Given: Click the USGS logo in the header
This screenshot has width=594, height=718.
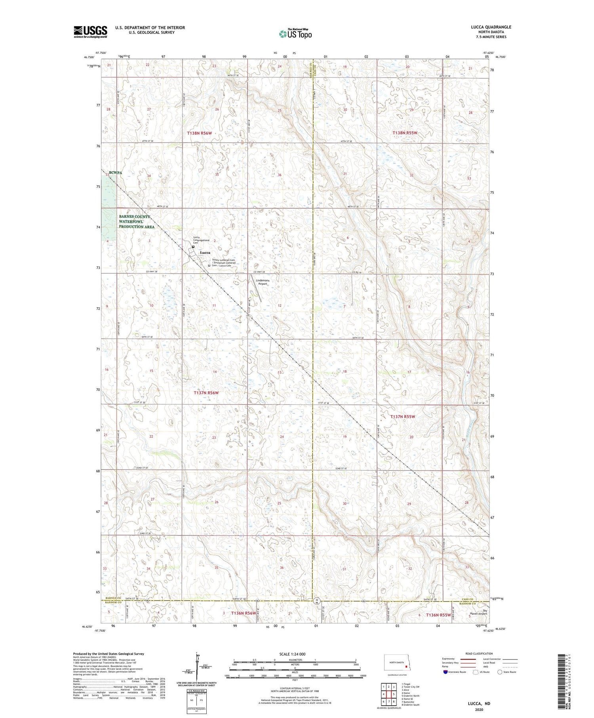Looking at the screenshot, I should click(x=90, y=32).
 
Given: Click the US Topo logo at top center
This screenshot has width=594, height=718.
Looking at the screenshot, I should click(x=295, y=34).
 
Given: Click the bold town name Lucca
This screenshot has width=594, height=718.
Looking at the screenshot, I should click(x=205, y=252).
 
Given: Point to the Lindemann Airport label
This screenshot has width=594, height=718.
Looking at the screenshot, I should click(x=262, y=282).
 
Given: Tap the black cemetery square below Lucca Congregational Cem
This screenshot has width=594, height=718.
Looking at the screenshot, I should click(x=193, y=247).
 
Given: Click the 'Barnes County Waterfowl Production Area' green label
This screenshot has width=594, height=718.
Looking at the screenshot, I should click(x=137, y=222).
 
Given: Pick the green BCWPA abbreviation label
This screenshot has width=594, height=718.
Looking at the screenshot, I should click(x=116, y=173).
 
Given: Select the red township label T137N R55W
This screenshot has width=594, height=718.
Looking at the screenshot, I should click(x=403, y=417).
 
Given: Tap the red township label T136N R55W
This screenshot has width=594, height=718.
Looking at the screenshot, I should click(x=438, y=615).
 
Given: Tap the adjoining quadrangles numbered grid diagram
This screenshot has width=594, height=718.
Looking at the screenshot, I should click(x=388, y=691).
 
